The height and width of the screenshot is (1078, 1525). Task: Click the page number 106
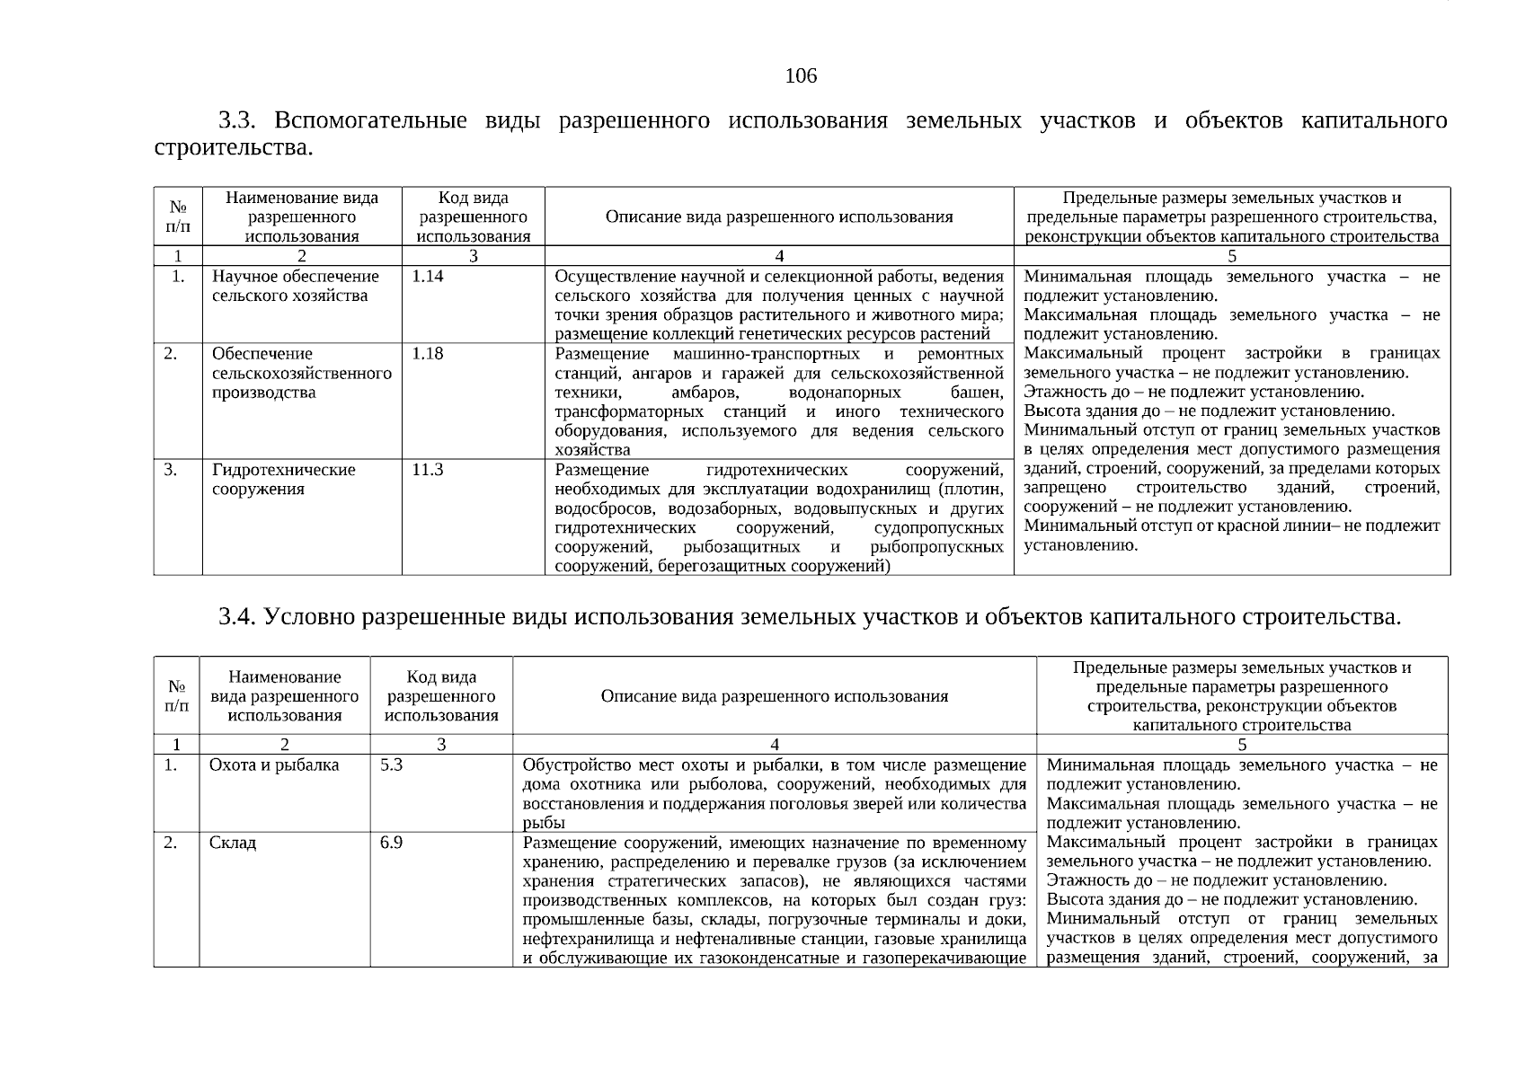pyautogui.click(x=801, y=75)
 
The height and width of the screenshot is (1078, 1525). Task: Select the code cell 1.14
pyautogui.click(x=428, y=277)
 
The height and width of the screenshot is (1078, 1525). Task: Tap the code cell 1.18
pyautogui.click(x=428, y=354)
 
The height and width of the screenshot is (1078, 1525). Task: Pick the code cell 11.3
pyautogui.click(x=428, y=470)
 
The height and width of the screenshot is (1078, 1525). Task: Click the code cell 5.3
pyautogui.click(x=392, y=765)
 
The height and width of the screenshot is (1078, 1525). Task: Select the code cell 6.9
pyautogui.click(x=392, y=843)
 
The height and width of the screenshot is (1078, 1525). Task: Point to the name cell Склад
pyautogui.click(x=233, y=843)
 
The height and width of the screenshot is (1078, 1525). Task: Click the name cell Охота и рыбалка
pyautogui.click(x=274, y=765)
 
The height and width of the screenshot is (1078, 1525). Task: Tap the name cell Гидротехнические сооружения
pyautogui.click(x=283, y=480)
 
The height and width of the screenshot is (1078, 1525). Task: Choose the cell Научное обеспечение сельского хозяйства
pyautogui.click(x=295, y=287)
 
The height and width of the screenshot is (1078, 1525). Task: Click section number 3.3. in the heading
pyautogui.click(x=238, y=120)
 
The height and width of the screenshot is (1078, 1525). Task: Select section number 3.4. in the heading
pyautogui.click(x=238, y=617)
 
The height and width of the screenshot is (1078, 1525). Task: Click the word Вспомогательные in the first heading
pyautogui.click(x=369, y=120)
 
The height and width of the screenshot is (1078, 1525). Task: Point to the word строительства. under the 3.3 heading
pyautogui.click(x=234, y=146)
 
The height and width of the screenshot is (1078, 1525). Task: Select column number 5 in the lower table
pyautogui.click(x=1242, y=745)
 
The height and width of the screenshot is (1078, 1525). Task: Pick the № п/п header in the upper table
pyautogui.click(x=178, y=216)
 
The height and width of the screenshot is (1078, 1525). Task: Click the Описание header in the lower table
pyautogui.click(x=774, y=696)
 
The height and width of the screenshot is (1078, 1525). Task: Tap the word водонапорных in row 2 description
pyautogui.click(x=844, y=393)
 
